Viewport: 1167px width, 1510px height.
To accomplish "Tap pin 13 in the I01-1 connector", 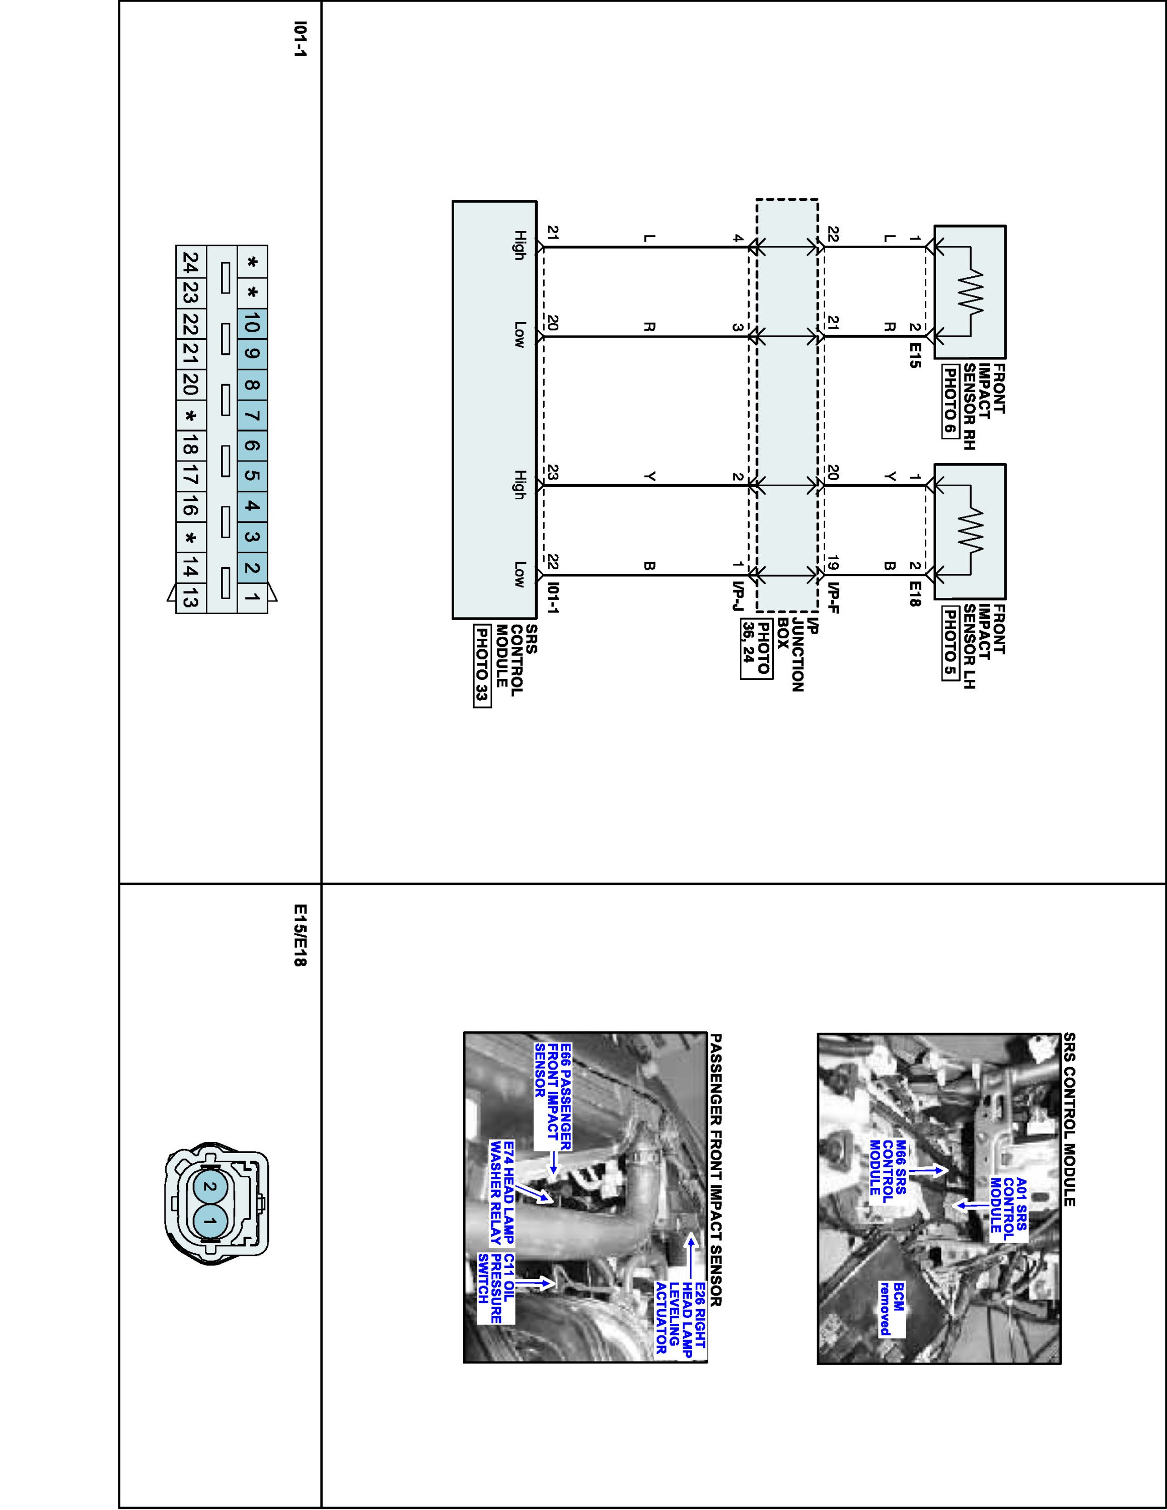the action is point(191,599).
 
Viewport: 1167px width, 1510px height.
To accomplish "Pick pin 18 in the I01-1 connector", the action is point(191,446).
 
